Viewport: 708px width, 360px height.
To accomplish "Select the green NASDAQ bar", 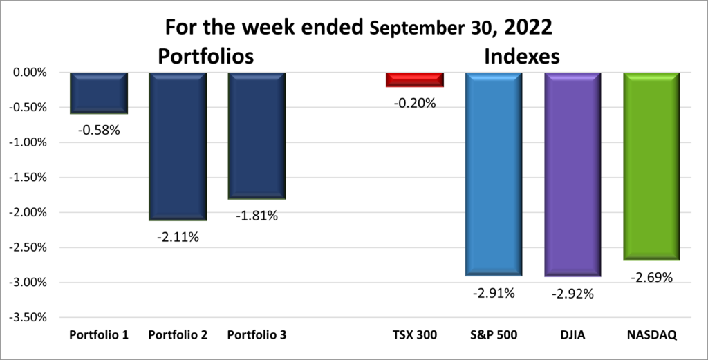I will [x=651, y=166].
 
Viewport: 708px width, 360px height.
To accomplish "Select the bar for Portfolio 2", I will [x=178, y=146].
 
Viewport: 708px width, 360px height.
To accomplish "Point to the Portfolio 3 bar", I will [x=257, y=135].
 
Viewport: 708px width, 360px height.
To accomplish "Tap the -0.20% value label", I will [x=416, y=104].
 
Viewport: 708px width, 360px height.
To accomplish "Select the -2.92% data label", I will [x=573, y=293].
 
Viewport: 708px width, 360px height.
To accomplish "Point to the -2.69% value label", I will [x=652, y=278].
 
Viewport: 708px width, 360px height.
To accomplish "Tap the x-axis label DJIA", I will [x=572, y=335].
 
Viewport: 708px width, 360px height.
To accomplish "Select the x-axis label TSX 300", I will [x=415, y=335].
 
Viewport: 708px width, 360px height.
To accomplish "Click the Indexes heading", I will [x=521, y=56].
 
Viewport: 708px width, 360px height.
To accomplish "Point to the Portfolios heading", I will [x=205, y=56].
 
